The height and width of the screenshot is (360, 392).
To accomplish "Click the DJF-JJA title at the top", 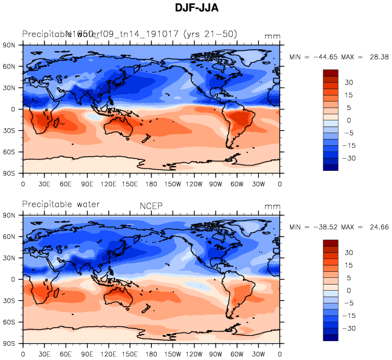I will [x=195, y=9].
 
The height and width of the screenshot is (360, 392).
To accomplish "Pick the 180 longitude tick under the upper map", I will [x=152, y=184].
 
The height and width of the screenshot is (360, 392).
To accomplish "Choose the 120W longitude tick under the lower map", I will [x=194, y=354].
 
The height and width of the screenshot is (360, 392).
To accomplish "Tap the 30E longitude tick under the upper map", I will [x=44, y=184].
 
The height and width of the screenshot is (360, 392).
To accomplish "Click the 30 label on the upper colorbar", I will [x=349, y=82].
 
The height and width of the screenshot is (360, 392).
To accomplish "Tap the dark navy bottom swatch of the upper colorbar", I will [x=330, y=167].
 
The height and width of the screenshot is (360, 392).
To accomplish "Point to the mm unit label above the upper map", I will [x=273, y=36].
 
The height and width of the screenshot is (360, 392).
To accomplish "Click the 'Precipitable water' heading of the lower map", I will [x=61, y=204].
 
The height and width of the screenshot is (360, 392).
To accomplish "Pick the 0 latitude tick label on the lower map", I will [x=13, y=280].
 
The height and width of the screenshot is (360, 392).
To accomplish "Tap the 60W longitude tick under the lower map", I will [x=238, y=354].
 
